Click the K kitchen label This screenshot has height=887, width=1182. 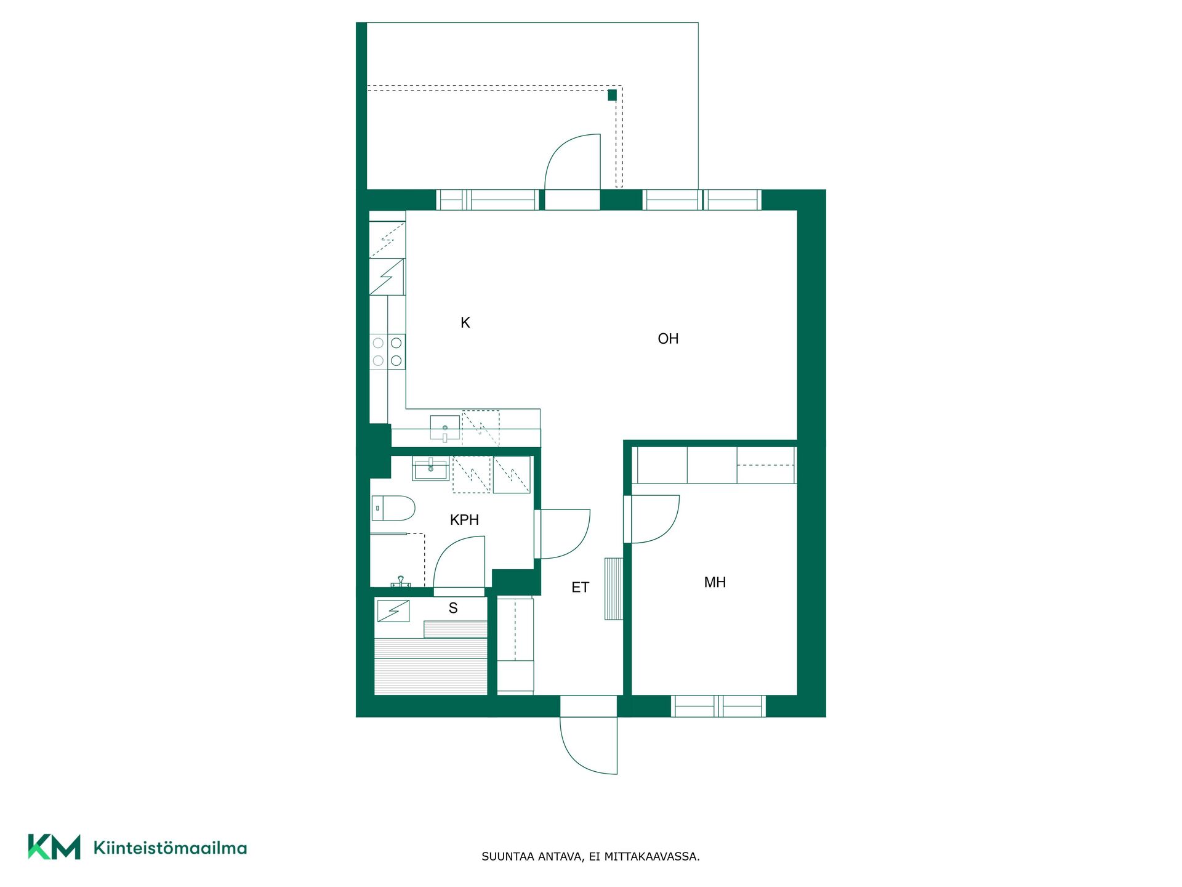(465, 323)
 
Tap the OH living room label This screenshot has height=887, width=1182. (668, 339)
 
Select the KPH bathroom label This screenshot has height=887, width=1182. (464, 520)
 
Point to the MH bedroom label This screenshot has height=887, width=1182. (715, 583)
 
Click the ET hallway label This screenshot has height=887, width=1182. (580, 588)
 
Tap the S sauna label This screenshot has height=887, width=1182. (453, 609)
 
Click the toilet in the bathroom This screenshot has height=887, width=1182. (393, 508)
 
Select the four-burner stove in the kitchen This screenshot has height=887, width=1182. (387, 352)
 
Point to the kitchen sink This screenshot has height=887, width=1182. (445, 427)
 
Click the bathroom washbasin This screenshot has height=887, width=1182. (430, 468)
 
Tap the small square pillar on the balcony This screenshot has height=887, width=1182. (612, 95)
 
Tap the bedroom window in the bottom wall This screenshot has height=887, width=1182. (718, 706)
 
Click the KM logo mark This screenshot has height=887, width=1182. (54, 847)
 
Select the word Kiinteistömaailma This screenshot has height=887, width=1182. (170, 848)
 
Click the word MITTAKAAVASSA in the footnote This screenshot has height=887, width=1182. (651, 857)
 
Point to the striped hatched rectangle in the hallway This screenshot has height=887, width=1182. (614, 588)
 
